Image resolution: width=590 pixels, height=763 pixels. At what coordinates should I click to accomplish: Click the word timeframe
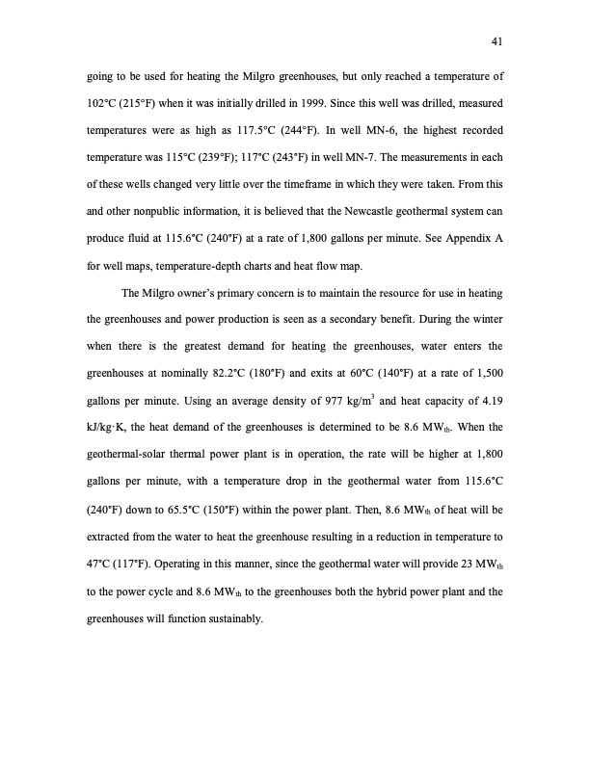pyautogui.click(x=342, y=179)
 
